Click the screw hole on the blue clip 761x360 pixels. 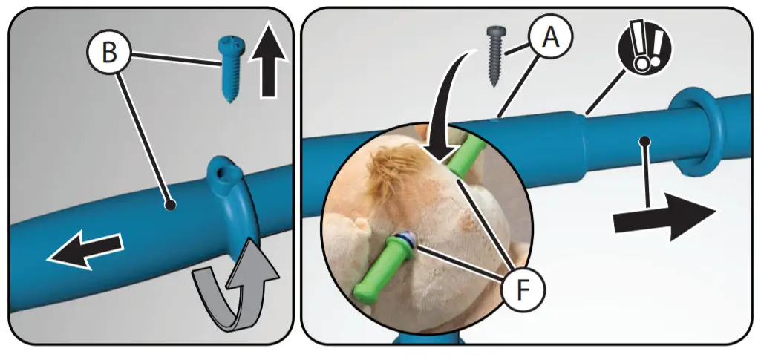coord(220,173)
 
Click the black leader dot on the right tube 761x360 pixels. coord(645,140)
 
